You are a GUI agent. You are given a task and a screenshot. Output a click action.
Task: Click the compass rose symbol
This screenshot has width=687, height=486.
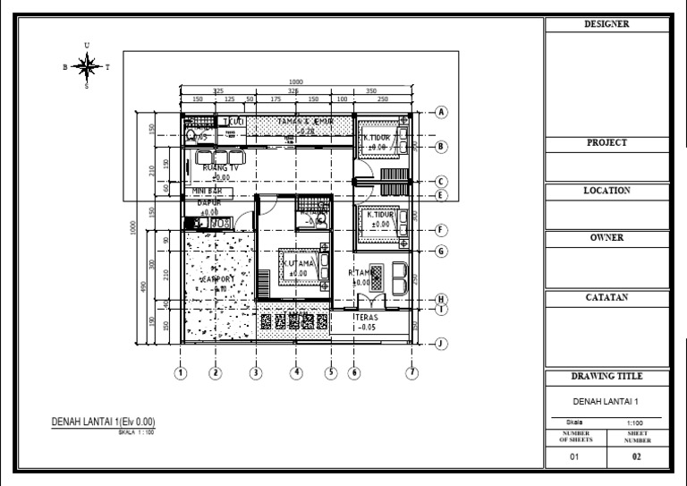click(x=87, y=65)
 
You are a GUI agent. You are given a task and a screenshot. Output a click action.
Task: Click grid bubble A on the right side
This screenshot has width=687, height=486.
click(x=441, y=112)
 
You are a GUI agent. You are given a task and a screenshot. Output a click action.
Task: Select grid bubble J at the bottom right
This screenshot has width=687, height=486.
click(x=441, y=343)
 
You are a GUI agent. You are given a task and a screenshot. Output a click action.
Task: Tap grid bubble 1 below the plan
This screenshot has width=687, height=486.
click(x=181, y=373)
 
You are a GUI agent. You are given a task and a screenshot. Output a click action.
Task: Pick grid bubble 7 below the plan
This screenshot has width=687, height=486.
click(x=411, y=373)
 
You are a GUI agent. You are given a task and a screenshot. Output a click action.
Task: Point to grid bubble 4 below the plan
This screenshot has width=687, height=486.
click(x=296, y=373)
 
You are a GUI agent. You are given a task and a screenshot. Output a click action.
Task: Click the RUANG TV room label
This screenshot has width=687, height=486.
click(x=220, y=167)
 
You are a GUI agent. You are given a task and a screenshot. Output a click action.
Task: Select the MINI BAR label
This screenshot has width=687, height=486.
click(x=208, y=192)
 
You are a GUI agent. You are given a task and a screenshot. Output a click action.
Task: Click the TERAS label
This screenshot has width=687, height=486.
click(x=364, y=317)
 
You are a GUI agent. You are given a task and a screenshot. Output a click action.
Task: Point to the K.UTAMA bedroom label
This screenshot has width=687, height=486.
click(x=298, y=264)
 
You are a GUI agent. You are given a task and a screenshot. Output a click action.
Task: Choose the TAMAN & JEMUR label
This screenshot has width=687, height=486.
click(x=304, y=121)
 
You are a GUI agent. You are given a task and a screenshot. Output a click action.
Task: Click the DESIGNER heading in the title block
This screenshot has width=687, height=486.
click(x=606, y=25)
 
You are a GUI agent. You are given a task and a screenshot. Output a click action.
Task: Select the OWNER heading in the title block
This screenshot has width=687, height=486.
click(x=606, y=238)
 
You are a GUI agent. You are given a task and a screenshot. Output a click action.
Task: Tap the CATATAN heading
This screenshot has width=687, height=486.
click(x=606, y=298)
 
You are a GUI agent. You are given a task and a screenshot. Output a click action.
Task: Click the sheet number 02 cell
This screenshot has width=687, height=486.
click(x=637, y=457)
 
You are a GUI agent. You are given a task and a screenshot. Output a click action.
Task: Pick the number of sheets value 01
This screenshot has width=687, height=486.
click(x=575, y=457)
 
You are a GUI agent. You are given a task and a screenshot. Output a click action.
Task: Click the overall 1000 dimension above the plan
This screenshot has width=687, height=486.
click(x=296, y=82)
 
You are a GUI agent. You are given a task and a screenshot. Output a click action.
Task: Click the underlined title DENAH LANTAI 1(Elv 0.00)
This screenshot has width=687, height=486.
click(x=108, y=422)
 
